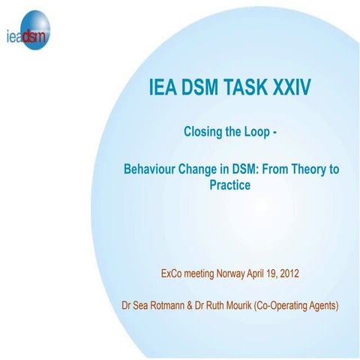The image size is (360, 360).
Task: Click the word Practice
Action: (230, 184)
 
